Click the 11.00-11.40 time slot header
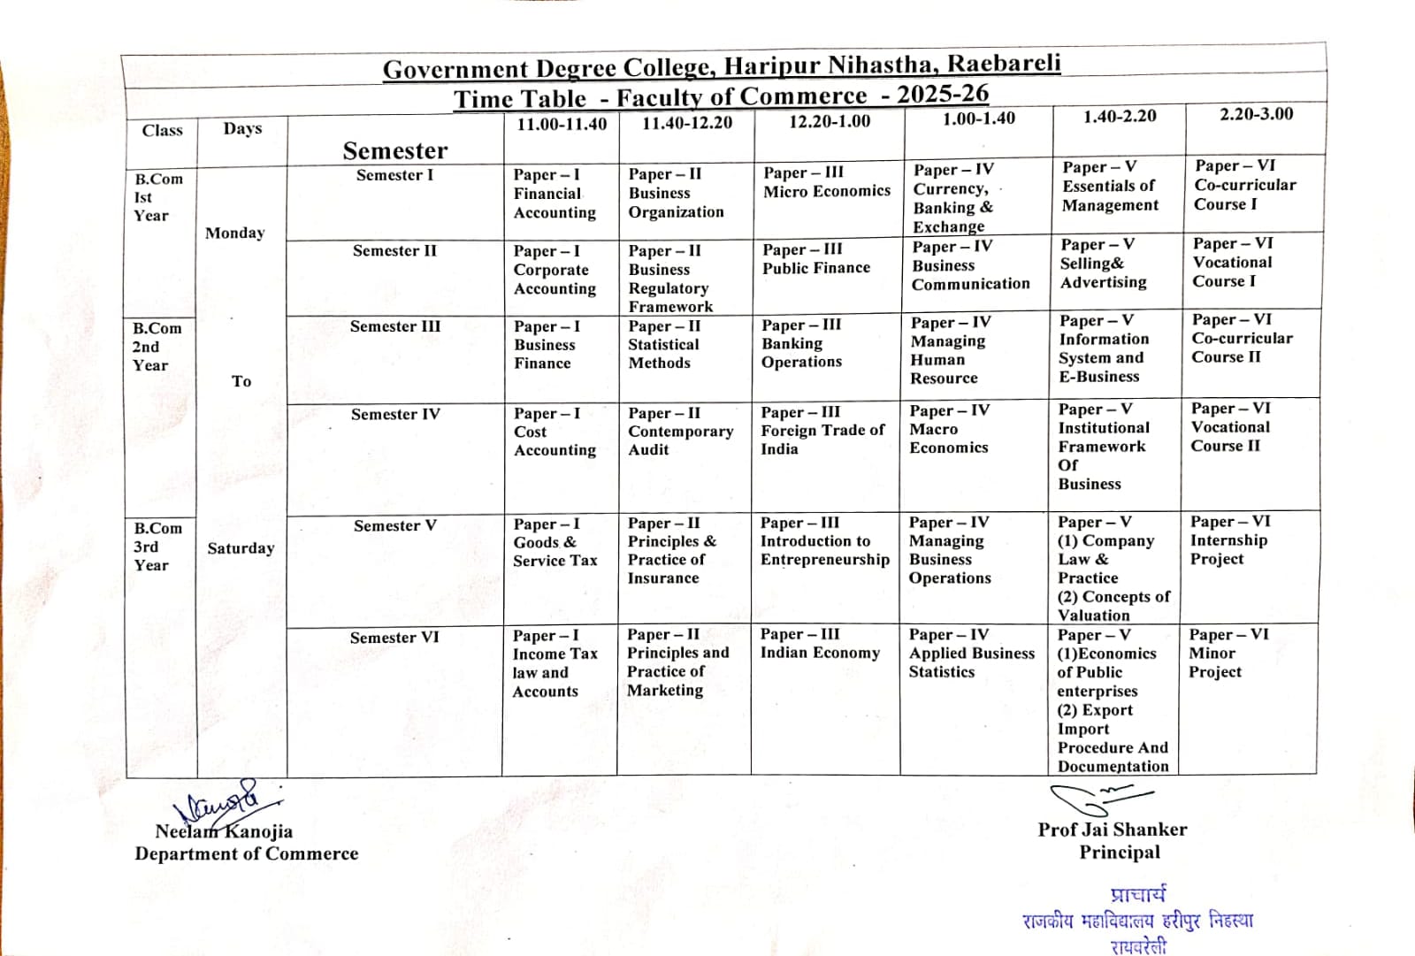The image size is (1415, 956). (x=562, y=125)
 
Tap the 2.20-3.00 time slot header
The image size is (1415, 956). (x=1256, y=114)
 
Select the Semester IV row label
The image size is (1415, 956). (x=395, y=414)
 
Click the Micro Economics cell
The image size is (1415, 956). (x=827, y=182)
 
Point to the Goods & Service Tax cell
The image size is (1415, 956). (x=555, y=542)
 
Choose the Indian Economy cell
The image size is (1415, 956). (x=820, y=644)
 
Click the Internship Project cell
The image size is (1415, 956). (x=1229, y=540)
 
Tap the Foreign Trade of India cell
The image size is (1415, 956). (x=822, y=431)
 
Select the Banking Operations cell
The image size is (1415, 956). (x=801, y=343)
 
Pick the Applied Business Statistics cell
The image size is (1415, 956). (x=971, y=654)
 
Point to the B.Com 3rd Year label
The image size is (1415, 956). (x=157, y=547)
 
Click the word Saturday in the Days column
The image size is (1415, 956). (x=241, y=548)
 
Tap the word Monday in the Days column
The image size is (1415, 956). (x=235, y=233)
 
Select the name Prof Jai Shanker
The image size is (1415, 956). (x=1113, y=830)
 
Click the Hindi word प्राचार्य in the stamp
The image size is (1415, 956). (x=1138, y=895)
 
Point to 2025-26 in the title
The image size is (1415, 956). (x=943, y=94)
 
